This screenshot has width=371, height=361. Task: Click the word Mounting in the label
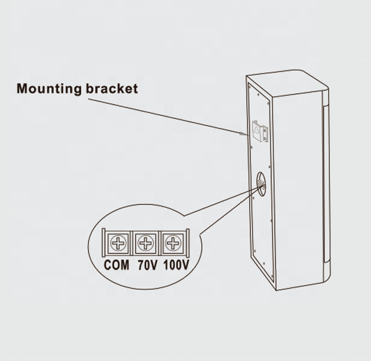(x=49, y=89)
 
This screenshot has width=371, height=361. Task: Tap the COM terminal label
(x=116, y=265)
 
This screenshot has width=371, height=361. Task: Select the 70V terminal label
(x=147, y=265)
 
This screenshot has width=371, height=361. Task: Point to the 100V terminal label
(x=176, y=265)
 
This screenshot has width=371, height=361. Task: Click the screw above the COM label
(x=118, y=243)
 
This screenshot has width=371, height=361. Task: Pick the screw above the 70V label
(x=146, y=243)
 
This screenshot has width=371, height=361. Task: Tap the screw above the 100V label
(x=173, y=243)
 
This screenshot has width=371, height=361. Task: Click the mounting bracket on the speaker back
(x=260, y=131)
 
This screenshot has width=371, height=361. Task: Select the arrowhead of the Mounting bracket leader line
(x=244, y=134)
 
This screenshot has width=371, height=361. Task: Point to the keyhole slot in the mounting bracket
(x=257, y=130)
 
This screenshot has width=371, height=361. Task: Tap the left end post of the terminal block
(x=103, y=243)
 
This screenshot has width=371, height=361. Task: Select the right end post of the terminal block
(x=188, y=243)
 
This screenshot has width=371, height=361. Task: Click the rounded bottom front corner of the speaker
(x=327, y=276)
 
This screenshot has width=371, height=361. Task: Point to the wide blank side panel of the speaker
(x=298, y=189)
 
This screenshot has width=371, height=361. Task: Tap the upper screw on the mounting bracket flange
(x=265, y=129)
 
